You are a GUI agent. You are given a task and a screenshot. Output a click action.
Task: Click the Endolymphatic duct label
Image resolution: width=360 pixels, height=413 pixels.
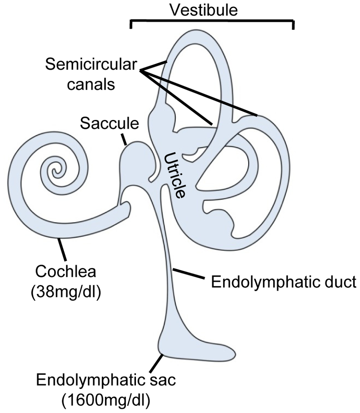tap(283, 282)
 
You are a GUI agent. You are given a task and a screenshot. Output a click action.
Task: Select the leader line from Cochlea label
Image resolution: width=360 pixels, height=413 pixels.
tap(63, 249)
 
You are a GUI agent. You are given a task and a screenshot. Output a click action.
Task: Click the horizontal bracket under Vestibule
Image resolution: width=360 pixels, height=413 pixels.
tap(212, 20)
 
